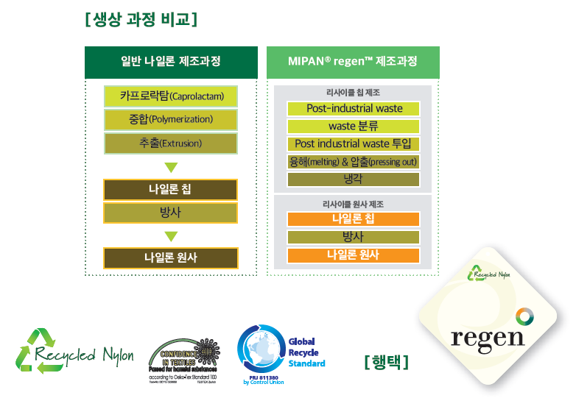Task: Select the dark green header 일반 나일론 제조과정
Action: pos(171,62)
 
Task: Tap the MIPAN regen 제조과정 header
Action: pos(353,62)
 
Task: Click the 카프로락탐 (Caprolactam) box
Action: pos(171,96)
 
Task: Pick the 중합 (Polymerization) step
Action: pos(171,119)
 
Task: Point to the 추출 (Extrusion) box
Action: pos(171,143)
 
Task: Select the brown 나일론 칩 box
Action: pos(171,190)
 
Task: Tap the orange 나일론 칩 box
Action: pos(354,218)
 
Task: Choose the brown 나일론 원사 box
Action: pos(171,257)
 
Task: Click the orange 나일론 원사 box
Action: pos(354,255)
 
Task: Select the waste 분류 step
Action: pos(354,126)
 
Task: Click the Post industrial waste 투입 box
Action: pos(354,143)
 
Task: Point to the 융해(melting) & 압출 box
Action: pos(354,161)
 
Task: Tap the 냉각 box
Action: pos(354,179)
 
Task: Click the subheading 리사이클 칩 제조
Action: pos(353,93)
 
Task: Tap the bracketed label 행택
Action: pos(386,362)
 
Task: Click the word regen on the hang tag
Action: pos(488,337)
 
